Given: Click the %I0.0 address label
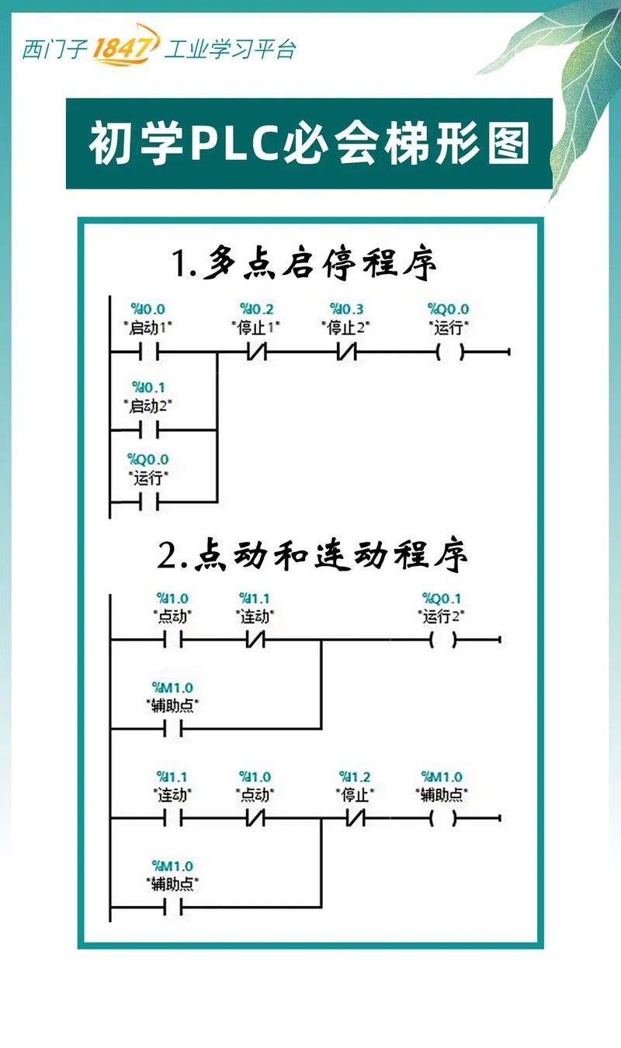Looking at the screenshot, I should point(148,309).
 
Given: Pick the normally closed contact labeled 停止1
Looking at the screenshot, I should point(256,353).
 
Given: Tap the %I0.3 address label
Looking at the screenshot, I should point(345,309).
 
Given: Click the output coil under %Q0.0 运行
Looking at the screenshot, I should point(451,353).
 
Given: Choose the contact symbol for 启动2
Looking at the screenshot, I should point(150,429).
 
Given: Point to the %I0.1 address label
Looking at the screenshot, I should point(148,387).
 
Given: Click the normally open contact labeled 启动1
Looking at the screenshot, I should point(150,353).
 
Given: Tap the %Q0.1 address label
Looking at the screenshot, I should point(442,598).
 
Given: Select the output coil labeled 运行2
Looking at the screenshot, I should point(442,640).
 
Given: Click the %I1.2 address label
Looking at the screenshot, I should point(355,776).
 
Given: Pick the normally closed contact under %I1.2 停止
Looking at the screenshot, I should point(355,818).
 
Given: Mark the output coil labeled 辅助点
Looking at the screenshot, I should point(442,818).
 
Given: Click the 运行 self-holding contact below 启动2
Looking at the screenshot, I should point(150,502).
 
